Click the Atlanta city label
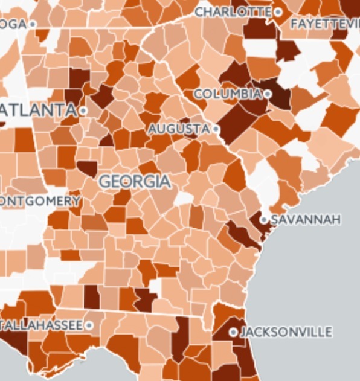pos(39,110)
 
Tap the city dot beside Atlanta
pos(83,111)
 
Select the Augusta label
pos(179,129)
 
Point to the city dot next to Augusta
pos(216,129)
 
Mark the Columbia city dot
pos(267,94)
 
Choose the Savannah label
pos(306,219)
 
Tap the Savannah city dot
pos(265,219)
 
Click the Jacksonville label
pos(286,332)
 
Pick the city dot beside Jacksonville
pos(233,332)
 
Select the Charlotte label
pos(233,11)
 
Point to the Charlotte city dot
pos(278,11)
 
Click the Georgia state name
pos(135,181)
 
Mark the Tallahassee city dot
pos(89,325)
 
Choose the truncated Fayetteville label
pos(325,24)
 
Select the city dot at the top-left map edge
pos(33,24)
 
